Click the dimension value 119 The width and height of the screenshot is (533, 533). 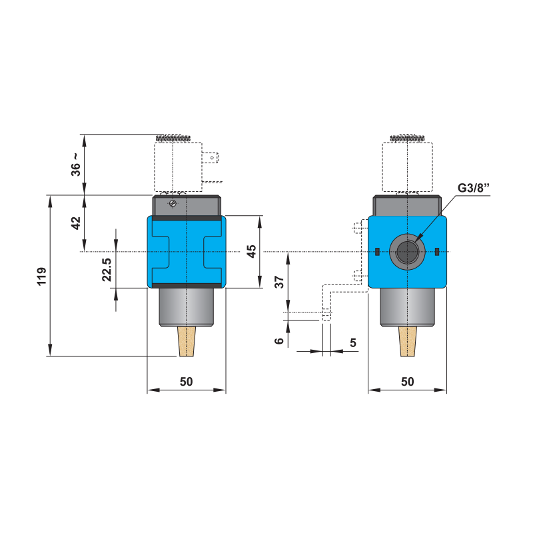tap(41, 276)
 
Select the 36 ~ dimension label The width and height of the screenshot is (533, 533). tap(77, 165)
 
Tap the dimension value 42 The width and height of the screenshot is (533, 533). tap(77, 223)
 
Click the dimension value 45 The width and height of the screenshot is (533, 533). tap(251, 252)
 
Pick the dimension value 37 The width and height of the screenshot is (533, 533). tap(280, 281)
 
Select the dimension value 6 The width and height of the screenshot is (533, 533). tap(280, 340)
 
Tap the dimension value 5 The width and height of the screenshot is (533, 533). tap(353, 342)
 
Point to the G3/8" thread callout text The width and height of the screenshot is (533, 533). tap(474, 189)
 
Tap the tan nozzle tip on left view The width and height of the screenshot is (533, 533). tap(187, 342)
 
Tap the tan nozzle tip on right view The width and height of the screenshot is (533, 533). tap(406, 342)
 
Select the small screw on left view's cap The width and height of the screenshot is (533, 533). tap(174, 203)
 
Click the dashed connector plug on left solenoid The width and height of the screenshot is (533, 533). tap(213, 159)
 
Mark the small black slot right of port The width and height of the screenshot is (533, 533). tap(436, 251)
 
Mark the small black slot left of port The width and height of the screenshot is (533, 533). tap(376, 251)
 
